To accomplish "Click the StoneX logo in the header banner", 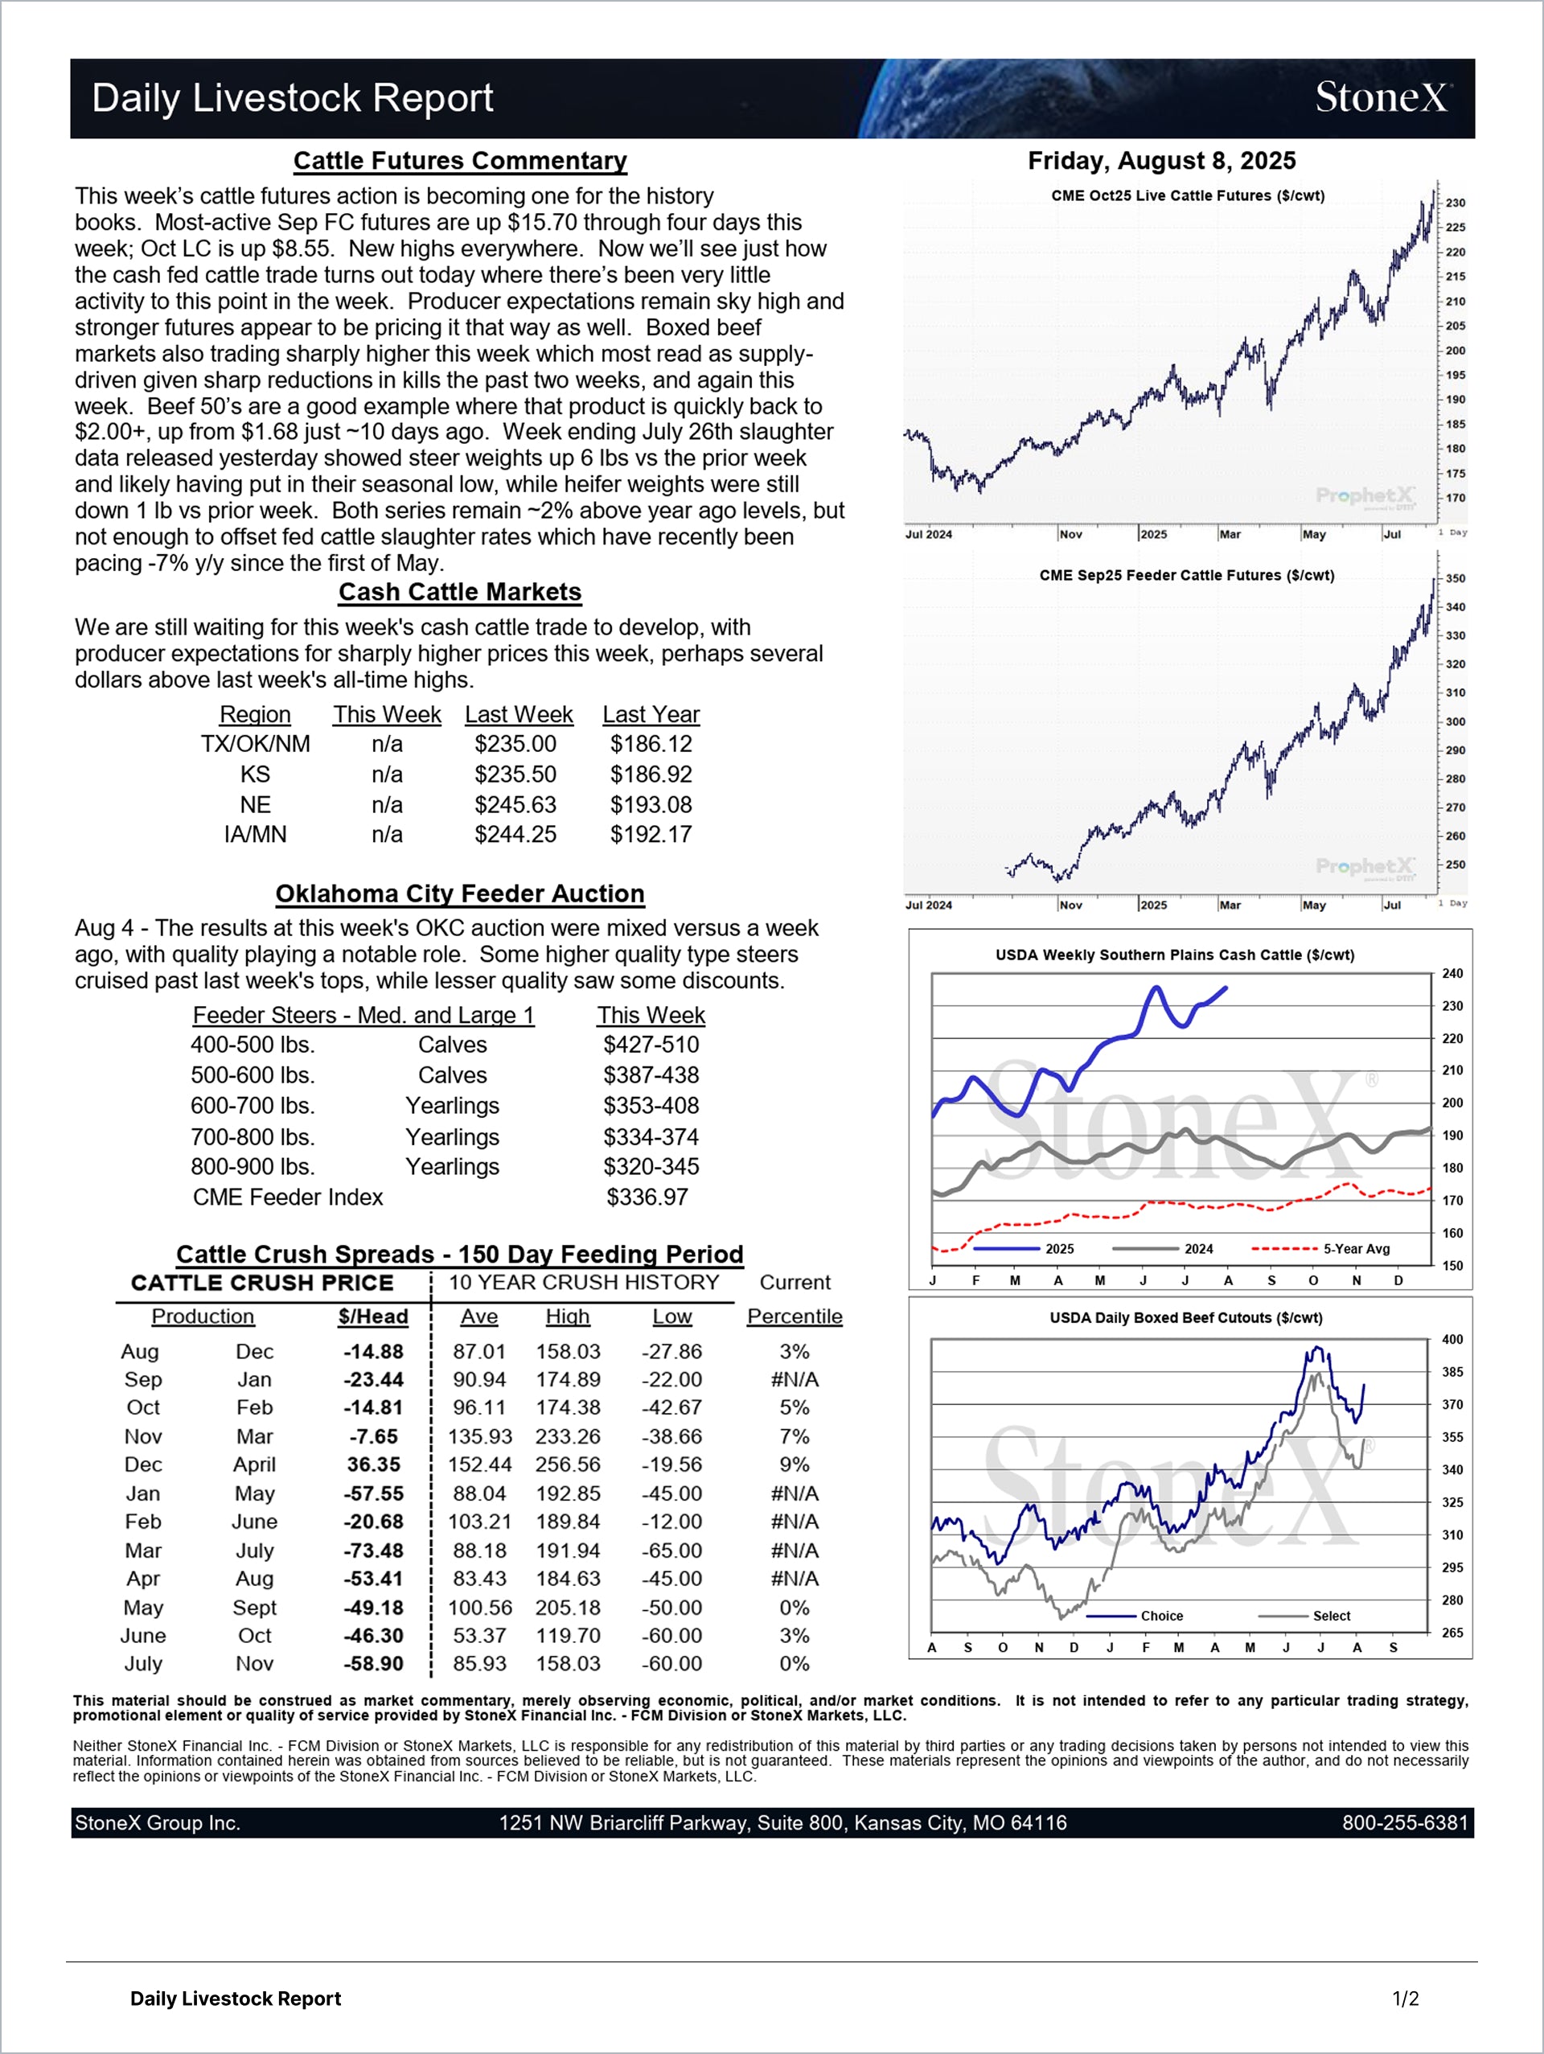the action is pyautogui.click(x=1382, y=97).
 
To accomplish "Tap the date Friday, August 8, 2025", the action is pyautogui.click(x=1161, y=161).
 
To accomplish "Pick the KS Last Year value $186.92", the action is pyautogui.click(x=651, y=774).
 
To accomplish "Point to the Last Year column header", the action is pyautogui.click(x=651, y=714).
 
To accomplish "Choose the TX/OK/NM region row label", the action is pyautogui.click(x=255, y=744).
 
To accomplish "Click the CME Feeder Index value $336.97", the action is pyautogui.click(x=647, y=1197).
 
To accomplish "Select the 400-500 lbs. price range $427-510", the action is pyautogui.click(x=651, y=1045).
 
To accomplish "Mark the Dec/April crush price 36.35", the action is pyautogui.click(x=373, y=1465).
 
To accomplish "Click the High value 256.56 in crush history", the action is pyautogui.click(x=567, y=1465).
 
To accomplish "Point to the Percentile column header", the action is pyautogui.click(x=795, y=1316).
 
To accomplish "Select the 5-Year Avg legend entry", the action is pyautogui.click(x=1320, y=1249).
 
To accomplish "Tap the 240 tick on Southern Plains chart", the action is pyautogui.click(x=1452, y=973).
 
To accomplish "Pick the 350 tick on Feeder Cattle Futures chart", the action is pyautogui.click(x=1455, y=577).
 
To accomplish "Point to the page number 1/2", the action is pyautogui.click(x=1406, y=1999).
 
